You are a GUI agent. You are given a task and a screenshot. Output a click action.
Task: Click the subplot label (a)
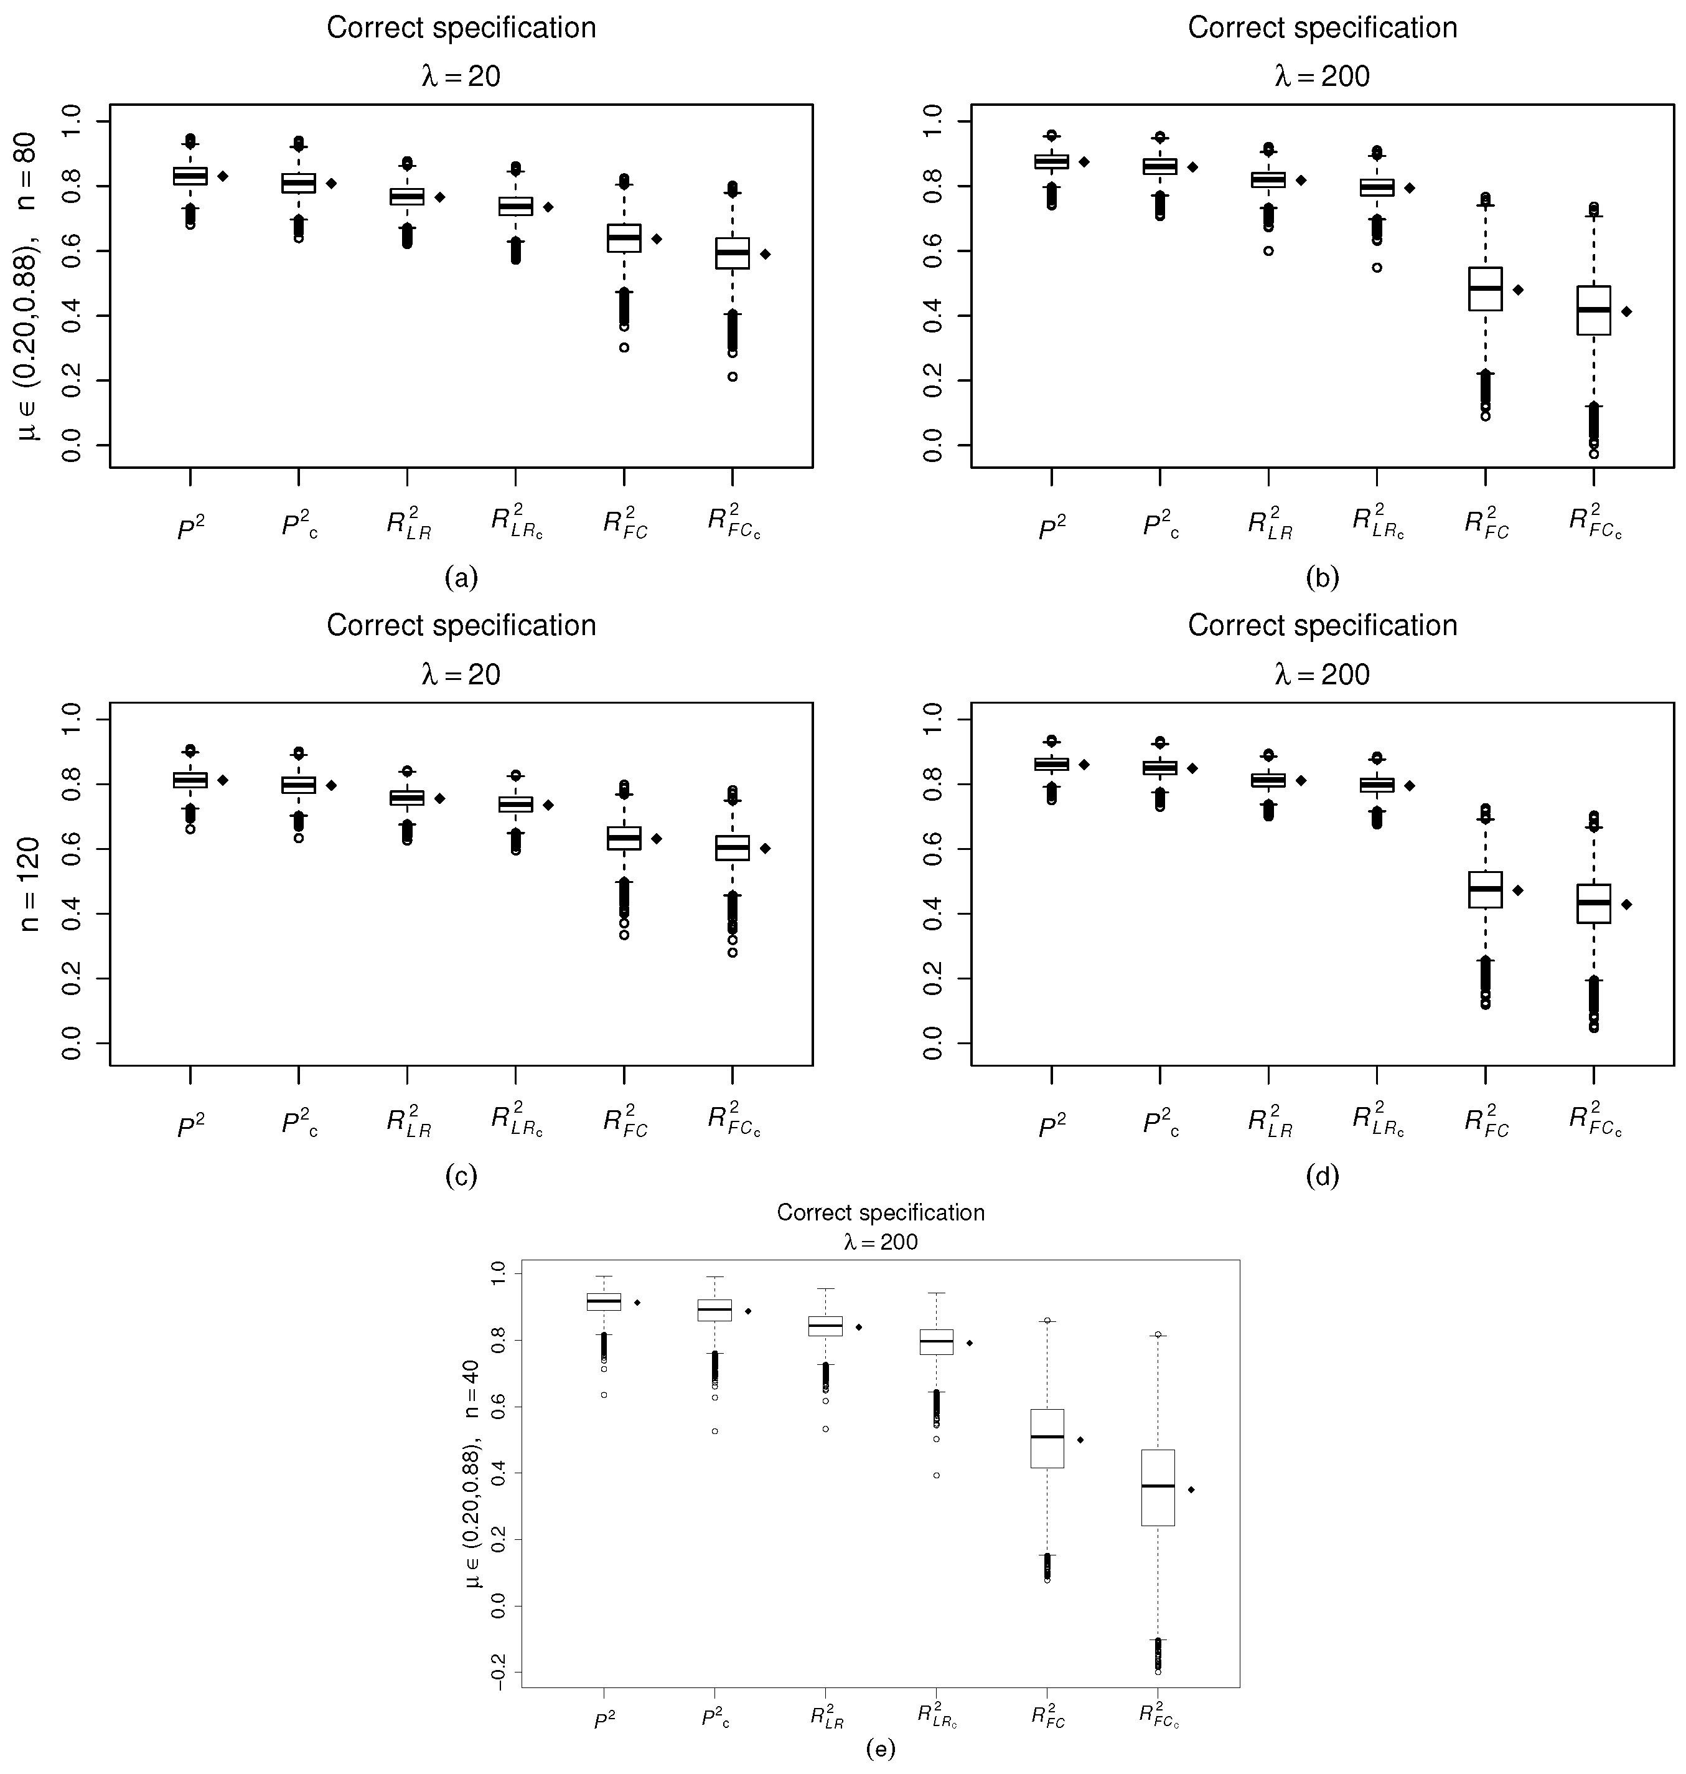tap(461, 577)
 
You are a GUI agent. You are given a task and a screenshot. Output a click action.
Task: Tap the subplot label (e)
tap(881, 1748)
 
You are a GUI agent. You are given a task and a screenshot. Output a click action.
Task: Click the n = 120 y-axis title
tap(30, 884)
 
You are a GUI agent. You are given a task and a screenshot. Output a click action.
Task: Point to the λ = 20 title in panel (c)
tap(461, 674)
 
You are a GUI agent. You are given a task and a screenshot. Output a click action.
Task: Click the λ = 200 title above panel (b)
tap(1322, 77)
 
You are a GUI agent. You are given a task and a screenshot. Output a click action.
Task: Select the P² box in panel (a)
tap(190, 176)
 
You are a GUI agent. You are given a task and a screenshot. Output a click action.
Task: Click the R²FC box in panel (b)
tap(1486, 289)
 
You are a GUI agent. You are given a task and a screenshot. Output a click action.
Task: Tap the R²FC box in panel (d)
tap(1486, 889)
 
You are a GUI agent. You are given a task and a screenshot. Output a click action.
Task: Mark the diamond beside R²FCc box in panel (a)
tap(766, 255)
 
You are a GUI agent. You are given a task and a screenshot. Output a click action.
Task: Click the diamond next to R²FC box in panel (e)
tap(1080, 1440)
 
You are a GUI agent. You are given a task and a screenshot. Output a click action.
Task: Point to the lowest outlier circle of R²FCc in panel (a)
tap(733, 377)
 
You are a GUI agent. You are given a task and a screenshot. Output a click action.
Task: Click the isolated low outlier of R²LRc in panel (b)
tap(1377, 267)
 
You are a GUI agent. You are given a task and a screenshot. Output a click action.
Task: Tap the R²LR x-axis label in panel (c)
tap(408, 1123)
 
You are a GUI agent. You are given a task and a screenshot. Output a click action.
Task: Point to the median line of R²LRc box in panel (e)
tap(937, 1341)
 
